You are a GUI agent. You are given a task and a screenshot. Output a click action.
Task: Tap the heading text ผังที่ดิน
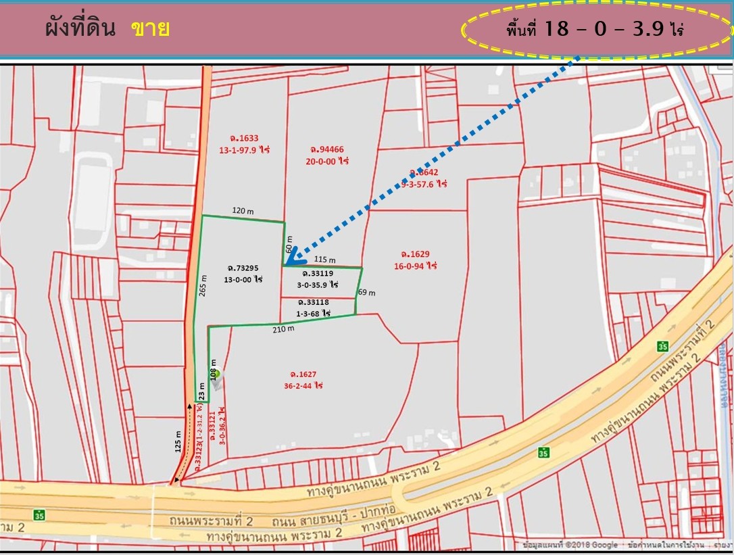pos(80,29)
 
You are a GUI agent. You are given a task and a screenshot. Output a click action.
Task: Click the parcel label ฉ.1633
pos(243,139)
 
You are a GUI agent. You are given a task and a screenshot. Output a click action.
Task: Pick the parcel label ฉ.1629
pos(415,254)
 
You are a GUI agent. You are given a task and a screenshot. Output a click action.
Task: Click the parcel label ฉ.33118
pos(312,302)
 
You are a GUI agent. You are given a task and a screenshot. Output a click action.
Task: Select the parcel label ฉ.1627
pos(303,374)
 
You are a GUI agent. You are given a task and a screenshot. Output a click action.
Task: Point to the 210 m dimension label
pos(285,329)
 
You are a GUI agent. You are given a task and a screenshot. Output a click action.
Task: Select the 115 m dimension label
pos(325,260)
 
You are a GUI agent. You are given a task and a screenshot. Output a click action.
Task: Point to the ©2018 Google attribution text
pos(595,545)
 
